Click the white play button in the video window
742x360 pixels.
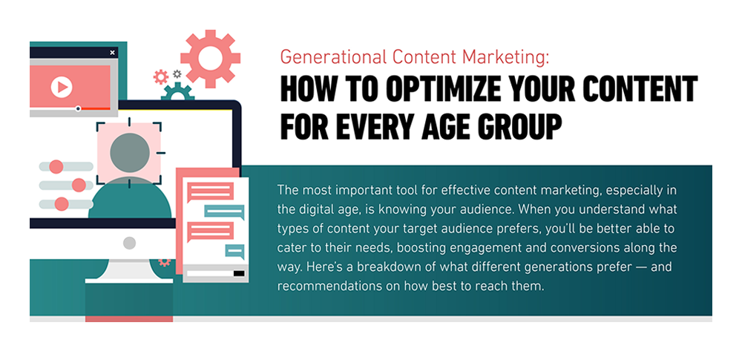[x=61, y=88]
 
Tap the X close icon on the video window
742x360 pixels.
[x=112, y=53]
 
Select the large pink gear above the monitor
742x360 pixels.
[x=210, y=58]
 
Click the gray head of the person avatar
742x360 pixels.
[x=130, y=153]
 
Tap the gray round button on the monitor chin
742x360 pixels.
[x=129, y=243]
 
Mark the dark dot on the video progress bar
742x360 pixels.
[x=78, y=109]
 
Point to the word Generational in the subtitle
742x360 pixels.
[x=324, y=56]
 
